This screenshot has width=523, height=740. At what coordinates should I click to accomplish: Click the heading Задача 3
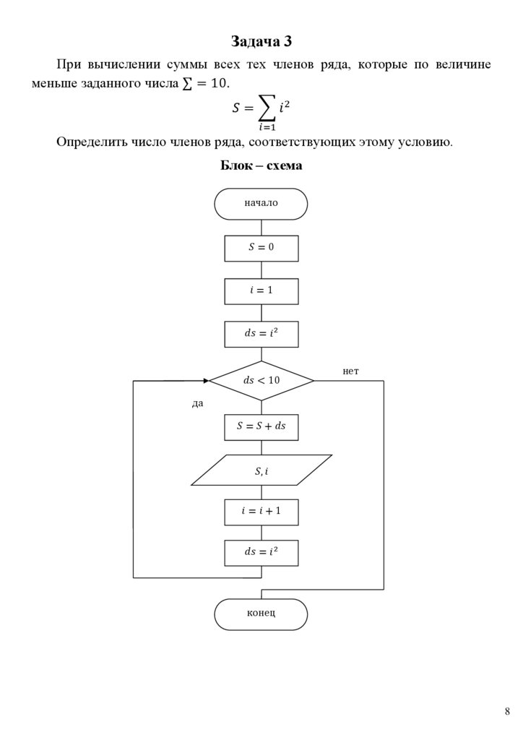pyautogui.click(x=261, y=40)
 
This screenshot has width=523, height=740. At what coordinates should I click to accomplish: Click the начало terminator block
pyautogui.click(x=261, y=203)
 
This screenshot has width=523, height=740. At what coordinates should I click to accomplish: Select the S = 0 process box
pyautogui.click(x=261, y=247)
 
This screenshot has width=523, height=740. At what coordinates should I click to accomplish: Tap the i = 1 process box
pyautogui.click(x=261, y=291)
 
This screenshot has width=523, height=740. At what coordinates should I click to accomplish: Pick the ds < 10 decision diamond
pyautogui.click(x=261, y=380)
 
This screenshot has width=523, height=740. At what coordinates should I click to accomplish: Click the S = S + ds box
pyautogui.click(x=261, y=426)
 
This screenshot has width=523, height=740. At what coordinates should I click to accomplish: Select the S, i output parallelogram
pyautogui.click(x=261, y=470)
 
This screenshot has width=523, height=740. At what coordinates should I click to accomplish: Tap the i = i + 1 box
pyautogui.click(x=261, y=511)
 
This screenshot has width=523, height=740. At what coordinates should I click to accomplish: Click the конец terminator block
pyautogui.click(x=261, y=614)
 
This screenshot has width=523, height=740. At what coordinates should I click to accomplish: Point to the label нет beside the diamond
pyautogui.click(x=350, y=371)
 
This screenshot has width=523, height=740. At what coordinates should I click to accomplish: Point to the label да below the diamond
pyautogui.click(x=197, y=403)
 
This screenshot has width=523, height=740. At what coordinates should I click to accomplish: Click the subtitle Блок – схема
pyautogui.click(x=261, y=165)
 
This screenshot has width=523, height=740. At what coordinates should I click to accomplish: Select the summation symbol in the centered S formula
pyautogui.click(x=266, y=109)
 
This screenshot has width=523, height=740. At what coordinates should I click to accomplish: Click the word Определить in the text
pyautogui.click(x=89, y=142)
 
